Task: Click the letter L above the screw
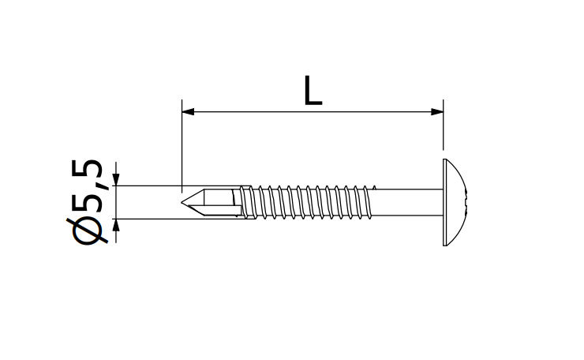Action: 313,92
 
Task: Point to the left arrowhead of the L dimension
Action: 189,112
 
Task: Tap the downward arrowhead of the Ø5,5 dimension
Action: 116,179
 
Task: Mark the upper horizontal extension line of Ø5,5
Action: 146,186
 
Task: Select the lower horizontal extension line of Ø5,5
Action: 146,219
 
